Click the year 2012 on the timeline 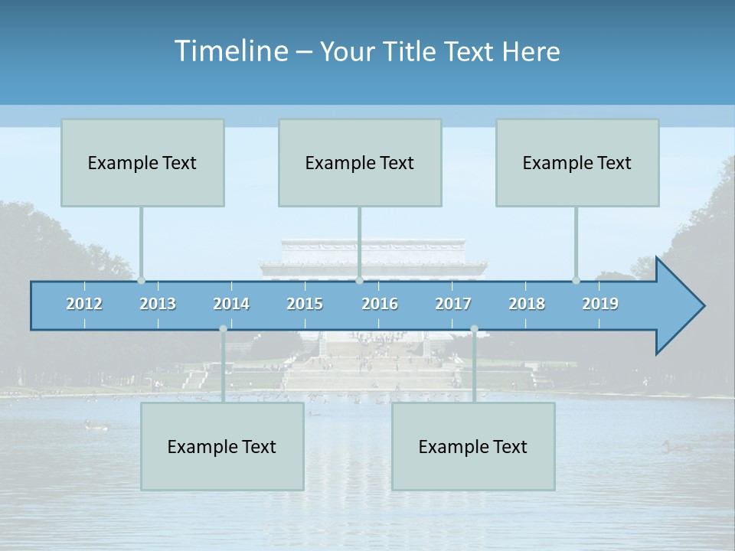tap(84, 304)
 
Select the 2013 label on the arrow tap(158, 304)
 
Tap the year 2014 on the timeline tap(231, 304)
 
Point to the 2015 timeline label tap(305, 304)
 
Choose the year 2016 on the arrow tap(380, 304)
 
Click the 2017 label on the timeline tap(453, 304)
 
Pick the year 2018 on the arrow tap(527, 304)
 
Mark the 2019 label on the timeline tap(600, 304)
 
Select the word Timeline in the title tap(230, 51)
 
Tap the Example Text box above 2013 tap(142, 162)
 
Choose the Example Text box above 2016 tap(360, 162)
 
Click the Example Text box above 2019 tap(577, 162)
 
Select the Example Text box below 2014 tap(222, 446)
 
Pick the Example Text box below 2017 tap(473, 446)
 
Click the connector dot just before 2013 tap(141, 280)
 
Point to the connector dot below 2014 tap(223, 329)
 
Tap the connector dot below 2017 tap(474, 329)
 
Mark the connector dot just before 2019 tap(576, 280)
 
